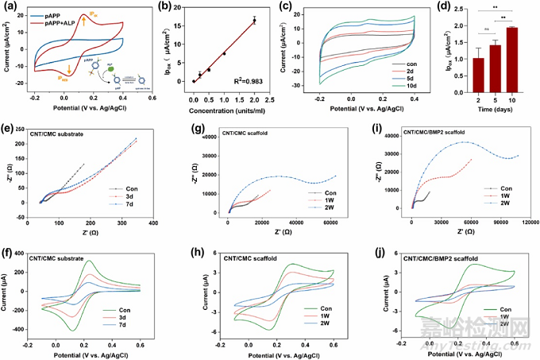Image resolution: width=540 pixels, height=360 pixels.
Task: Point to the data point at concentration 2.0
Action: tap(254, 21)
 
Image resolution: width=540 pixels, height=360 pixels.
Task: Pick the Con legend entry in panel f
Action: tap(141, 308)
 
